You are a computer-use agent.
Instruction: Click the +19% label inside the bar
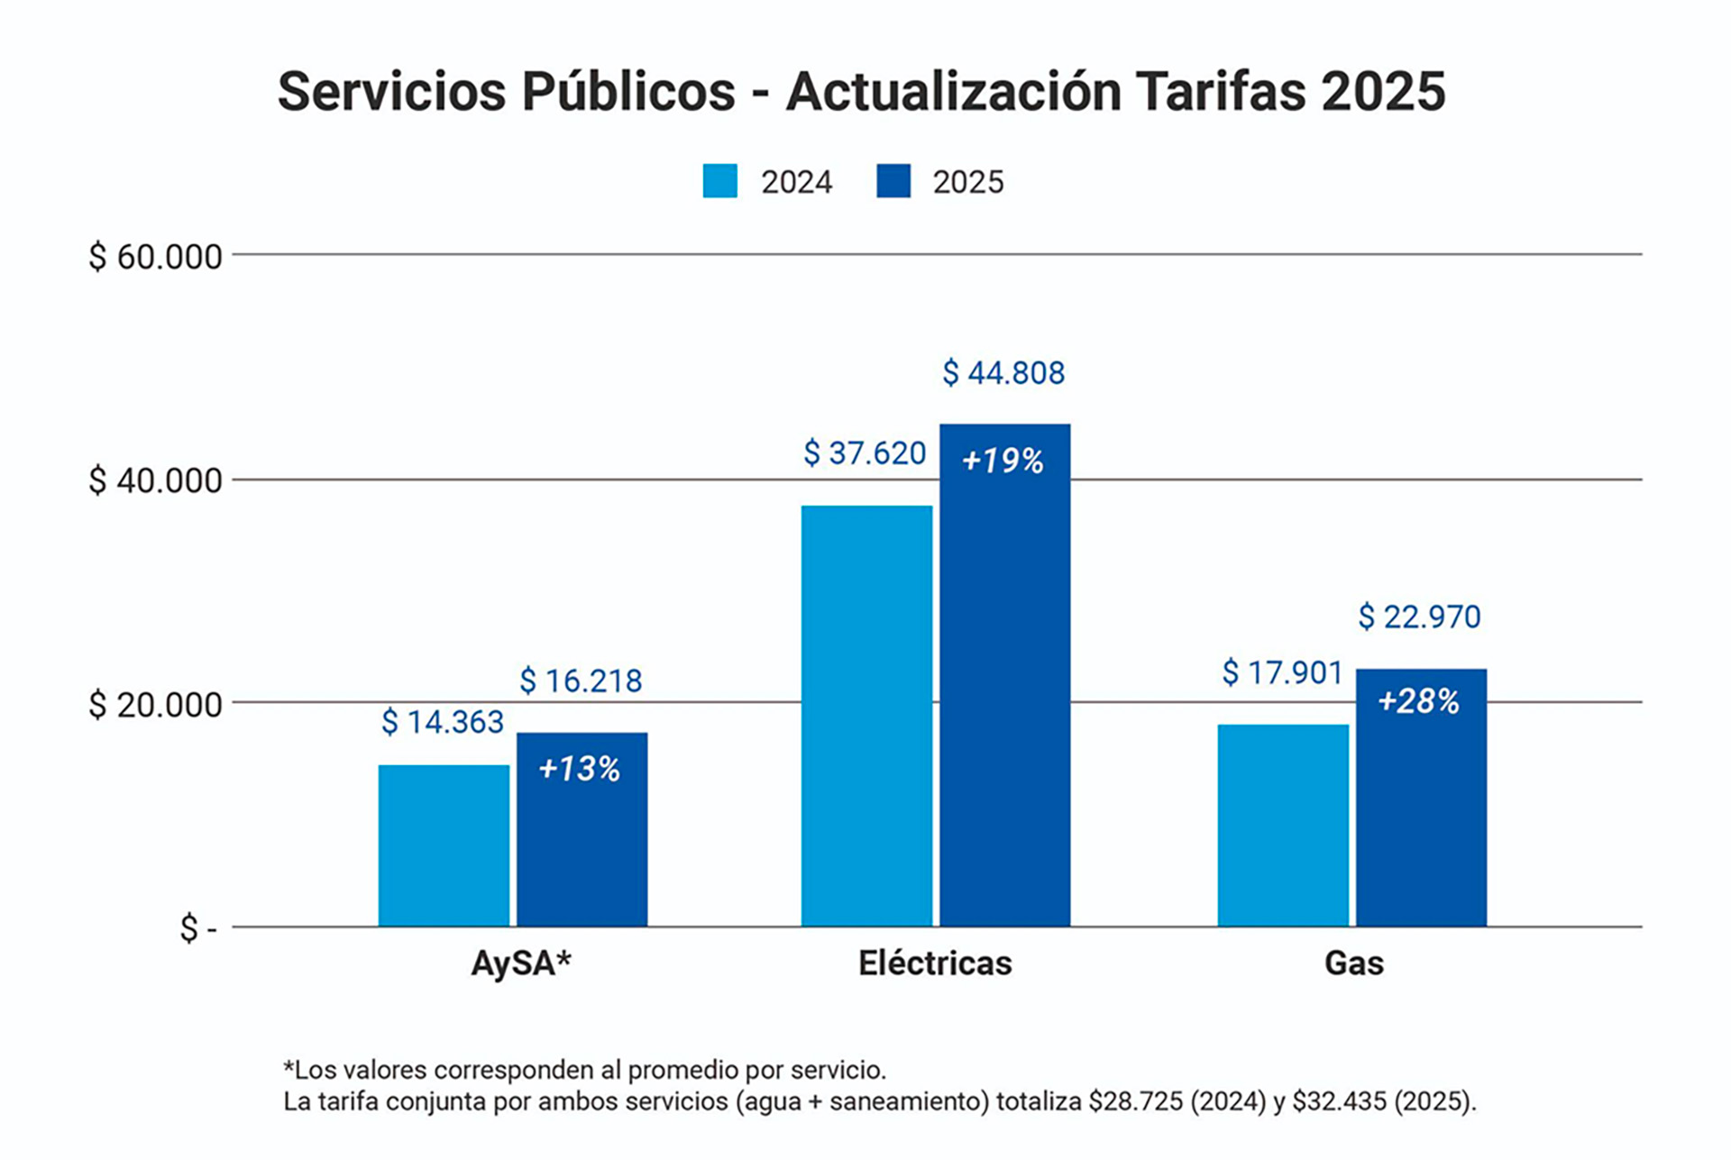point(1003,461)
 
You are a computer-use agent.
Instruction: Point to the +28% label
point(1419,701)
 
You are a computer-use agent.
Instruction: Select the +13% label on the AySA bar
point(580,769)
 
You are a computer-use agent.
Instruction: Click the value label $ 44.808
point(1003,372)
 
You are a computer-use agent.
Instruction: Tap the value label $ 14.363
point(443,722)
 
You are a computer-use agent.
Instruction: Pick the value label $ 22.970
point(1420,617)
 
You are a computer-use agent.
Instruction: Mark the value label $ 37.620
point(865,452)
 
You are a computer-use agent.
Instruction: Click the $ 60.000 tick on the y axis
point(155,257)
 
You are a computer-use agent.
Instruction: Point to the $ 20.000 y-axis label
point(155,705)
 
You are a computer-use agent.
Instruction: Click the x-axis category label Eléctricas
point(935,964)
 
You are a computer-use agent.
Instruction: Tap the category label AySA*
point(521,964)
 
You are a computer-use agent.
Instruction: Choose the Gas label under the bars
point(1353,964)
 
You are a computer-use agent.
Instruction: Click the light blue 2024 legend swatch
point(719,181)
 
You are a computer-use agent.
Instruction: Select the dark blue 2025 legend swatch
point(893,181)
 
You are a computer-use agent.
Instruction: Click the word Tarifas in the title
point(1220,91)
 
